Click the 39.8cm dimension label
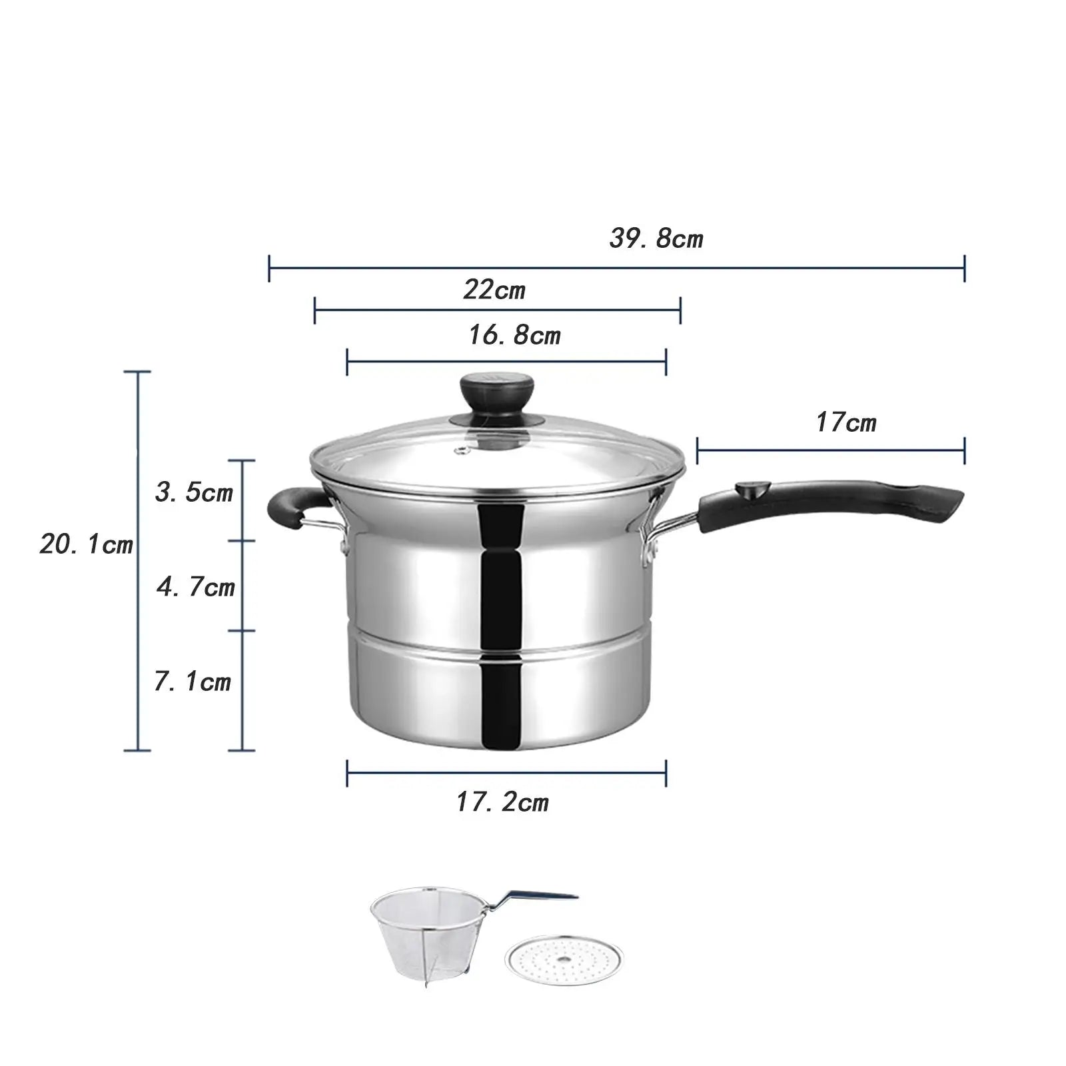tap(656, 239)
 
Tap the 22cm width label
tap(494, 290)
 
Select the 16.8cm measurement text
tap(514, 335)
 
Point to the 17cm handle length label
tap(846, 422)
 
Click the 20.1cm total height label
tap(87, 545)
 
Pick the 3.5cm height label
tap(194, 492)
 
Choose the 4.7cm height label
tap(196, 587)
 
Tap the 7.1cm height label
tap(193, 682)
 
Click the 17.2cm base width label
tap(502, 802)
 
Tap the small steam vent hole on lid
tap(460, 452)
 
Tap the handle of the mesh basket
tap(540, 898)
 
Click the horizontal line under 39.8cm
tap(616, 268)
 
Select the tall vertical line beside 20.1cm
tap(138, 560)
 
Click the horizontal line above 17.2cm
tap(506, 773)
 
